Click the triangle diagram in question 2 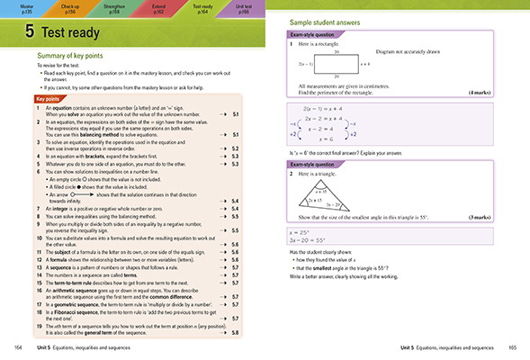[x=345, y=215]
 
